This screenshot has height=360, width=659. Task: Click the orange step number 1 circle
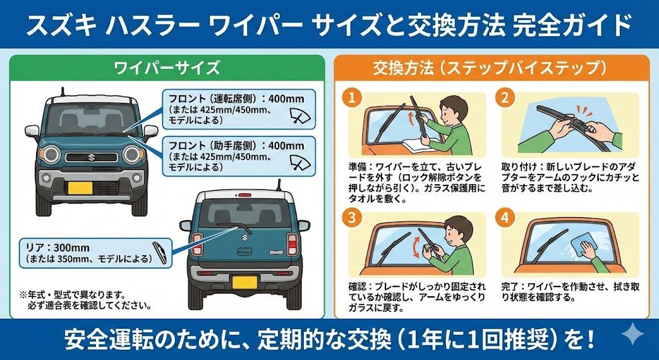click(x=352, y=98)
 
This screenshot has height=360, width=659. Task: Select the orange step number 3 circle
click(x=352, y=217)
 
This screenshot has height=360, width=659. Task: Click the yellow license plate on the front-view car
click(x=80, y=187)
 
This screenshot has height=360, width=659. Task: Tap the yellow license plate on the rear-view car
click(x=245, y=282)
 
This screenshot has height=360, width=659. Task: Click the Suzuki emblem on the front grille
click(x=91, y=157)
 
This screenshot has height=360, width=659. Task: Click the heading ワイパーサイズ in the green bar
click(x=167, y=68)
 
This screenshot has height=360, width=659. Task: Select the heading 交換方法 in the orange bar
click(x=404, y=68)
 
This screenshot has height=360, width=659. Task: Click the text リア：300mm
click(x=58, y=248)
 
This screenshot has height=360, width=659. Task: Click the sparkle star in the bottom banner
click(x=633, y=335)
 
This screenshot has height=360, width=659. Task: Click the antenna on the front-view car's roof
click(x=62, y=91)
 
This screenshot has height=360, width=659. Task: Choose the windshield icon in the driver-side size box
click(x=301, y=115)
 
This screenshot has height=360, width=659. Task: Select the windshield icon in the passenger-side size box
click(x=301, y=162)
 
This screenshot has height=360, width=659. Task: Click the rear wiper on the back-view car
click(x=234, y=227)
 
